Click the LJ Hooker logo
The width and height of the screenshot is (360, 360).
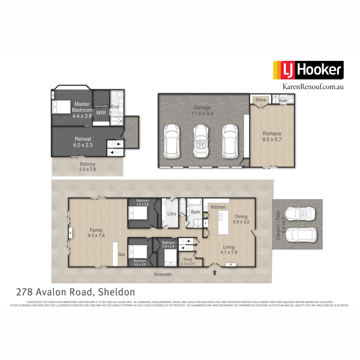click(308, 70)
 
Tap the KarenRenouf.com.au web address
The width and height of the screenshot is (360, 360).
click(313, 87)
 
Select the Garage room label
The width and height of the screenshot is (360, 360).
click(202, 107)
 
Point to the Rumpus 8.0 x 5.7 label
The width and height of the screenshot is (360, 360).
click(272, 136)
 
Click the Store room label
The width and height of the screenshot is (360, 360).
click(260, 100)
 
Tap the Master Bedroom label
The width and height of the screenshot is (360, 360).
click(82, 107)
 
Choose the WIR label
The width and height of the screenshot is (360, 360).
click(101, 113)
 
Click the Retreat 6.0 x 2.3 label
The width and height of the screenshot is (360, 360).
click(83, 142)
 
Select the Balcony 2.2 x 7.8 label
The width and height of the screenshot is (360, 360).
click(88, 166)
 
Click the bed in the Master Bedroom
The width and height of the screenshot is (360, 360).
click(61, 107)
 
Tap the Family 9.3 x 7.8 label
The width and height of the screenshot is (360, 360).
click(96, 233)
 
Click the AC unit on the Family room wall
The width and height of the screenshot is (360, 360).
click(70, 233)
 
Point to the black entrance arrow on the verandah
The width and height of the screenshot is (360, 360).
click(215, 273)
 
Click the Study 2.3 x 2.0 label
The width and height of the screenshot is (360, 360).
click(187, 261)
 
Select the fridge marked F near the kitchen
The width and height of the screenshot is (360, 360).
click(206, 223)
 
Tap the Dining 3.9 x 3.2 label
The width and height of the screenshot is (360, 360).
click(241, 219)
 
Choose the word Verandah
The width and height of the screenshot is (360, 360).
click(163, 274)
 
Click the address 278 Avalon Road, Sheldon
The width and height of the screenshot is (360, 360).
click(76, 292)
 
